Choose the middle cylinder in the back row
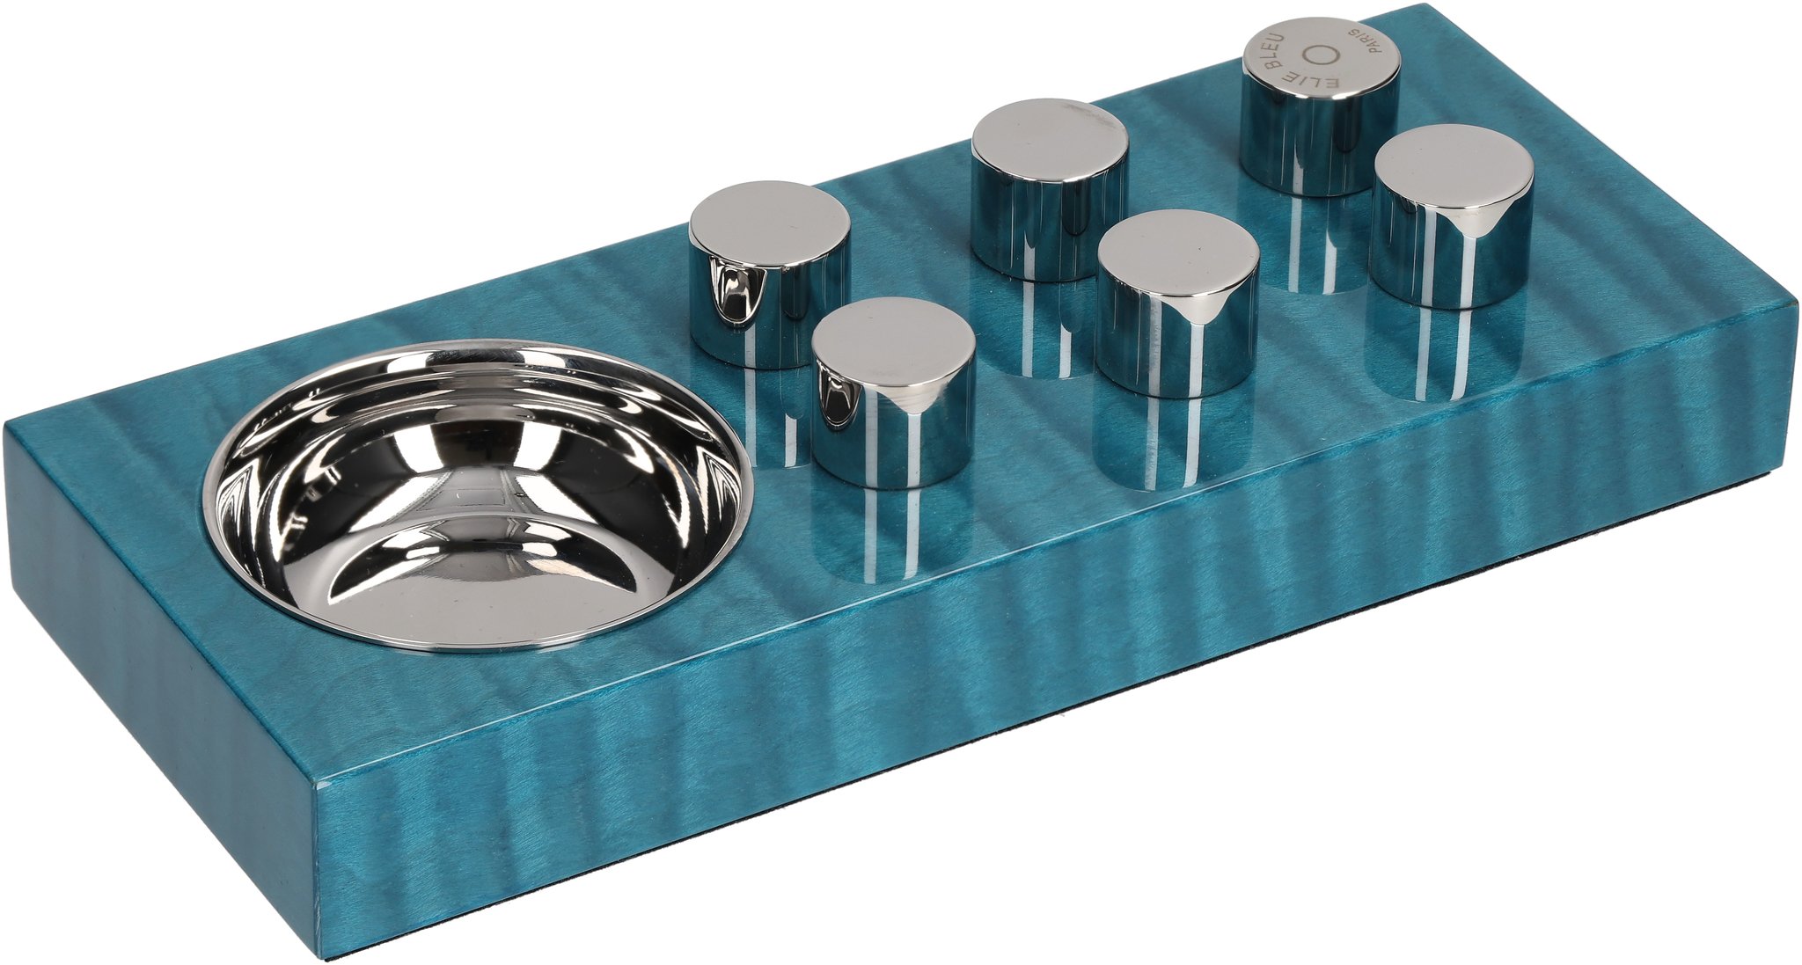[x=1050, y=189]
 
